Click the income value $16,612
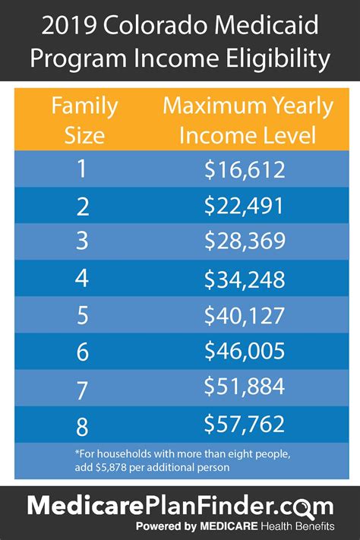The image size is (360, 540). [244, 169]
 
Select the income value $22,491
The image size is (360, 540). [244, 206]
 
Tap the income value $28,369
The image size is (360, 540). [244, 242]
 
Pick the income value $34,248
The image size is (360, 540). [244, 279]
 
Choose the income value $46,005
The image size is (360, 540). [244, 352]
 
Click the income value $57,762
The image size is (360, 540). [244, 424]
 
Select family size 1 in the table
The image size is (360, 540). [81, 169]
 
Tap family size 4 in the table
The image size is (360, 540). [81, 279]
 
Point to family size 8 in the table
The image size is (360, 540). [81, 424]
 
